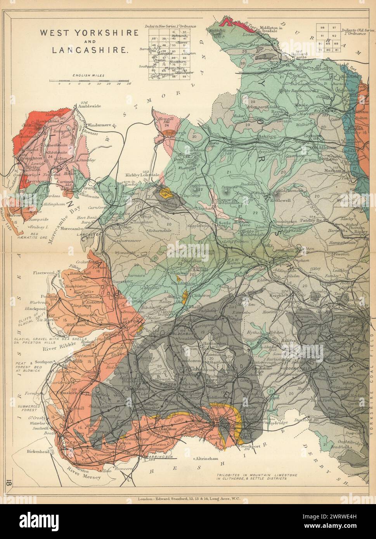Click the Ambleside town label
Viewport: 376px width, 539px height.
pyautogui.click(x=89, y=105)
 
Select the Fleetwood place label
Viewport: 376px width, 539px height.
pyautogui.click(x=43, y=273)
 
